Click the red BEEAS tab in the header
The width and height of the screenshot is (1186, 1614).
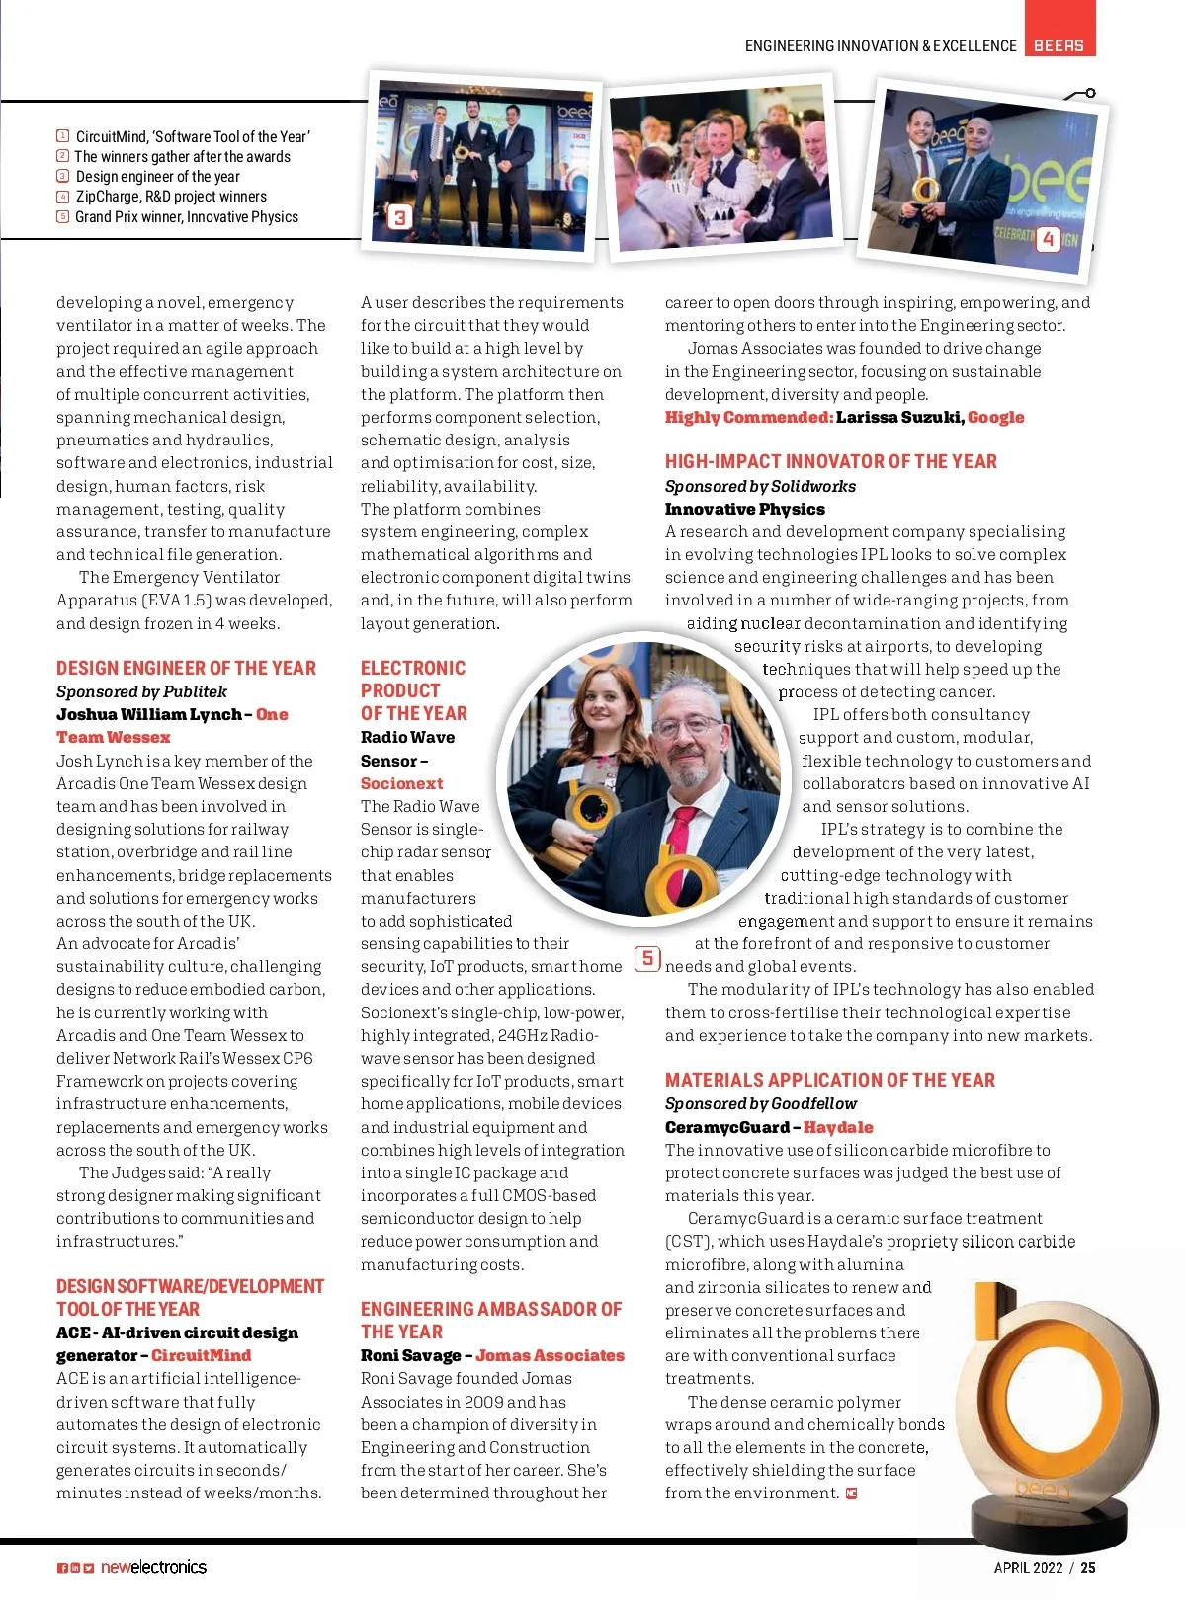pyautogui.click(x=1059, y=45)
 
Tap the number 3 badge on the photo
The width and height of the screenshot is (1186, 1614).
pyautogui.click(x=399, y=217)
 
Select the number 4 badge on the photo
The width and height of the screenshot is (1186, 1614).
pyautogui.click(x=1048, y=239)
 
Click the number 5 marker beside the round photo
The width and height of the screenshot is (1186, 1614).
pyautogui.click(x=647, y=958)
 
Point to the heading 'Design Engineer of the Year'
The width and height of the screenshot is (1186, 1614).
pyautogui.click(x=186, y=669)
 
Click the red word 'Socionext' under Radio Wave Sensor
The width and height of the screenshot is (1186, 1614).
pyautogui.click(x=401, y=783)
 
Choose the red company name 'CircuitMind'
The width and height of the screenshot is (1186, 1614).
pyautogui.click(x=201, y=1355)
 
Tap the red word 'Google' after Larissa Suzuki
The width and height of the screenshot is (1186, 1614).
pyautogui.click(x=995, y=417)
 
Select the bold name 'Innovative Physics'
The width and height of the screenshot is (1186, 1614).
pyautogui.click(x=744, y=509)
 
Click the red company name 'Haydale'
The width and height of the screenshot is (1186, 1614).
pyautogui.click(x=838, y=1127)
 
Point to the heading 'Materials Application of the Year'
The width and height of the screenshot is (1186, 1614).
pyautogui.click(x=829, y=1080)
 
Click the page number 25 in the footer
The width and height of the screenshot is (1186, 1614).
pyautogui.click(x=1087, y=1567)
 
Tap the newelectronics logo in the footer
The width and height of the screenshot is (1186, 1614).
pyautogui.click(x=153, y=1567)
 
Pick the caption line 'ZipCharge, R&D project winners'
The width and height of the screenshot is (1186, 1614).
pyautogui.click(x=171, y=197)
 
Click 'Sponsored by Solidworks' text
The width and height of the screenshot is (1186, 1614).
pyautogui.click(x=760, y=486)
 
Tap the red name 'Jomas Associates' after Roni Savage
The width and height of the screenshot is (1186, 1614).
pyautogui.click(x=550, y=1355)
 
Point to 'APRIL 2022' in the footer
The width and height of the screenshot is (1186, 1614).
pyautogui.click(x=1028, y=1567)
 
